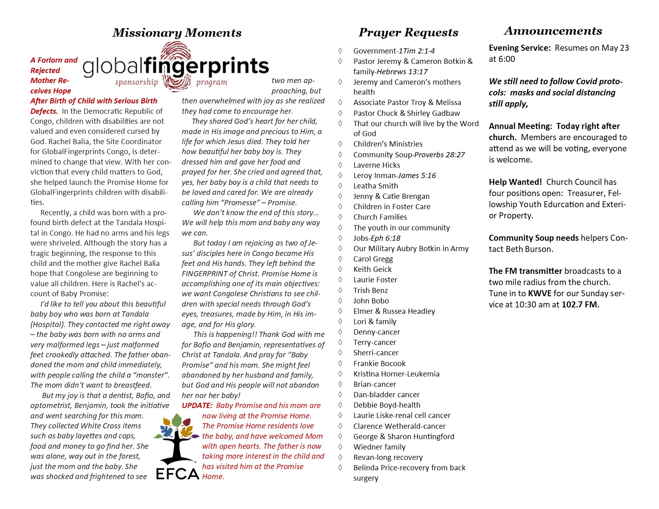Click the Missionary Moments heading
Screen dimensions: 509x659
click(x=177, y=33)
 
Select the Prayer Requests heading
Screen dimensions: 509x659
click(x=408, y=32)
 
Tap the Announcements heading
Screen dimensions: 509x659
click(x=553, y=31)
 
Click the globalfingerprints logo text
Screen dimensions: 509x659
click(x=176, y=66)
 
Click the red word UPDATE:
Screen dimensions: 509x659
click(x=197, y=406)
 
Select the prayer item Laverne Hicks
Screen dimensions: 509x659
click(x=377, y=165)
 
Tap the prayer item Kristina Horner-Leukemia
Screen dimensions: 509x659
click(x=396, y=374)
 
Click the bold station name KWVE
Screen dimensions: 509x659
click(x=540, y=293)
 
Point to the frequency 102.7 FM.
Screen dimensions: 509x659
click(x=580, y=305)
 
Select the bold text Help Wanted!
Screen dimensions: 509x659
click(x=515, y=182)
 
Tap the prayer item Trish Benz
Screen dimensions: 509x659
click(x=370, y=290)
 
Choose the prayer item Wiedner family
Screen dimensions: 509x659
click(x=379, y=447)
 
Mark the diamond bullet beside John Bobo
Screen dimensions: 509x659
click(x=340, y=301)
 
